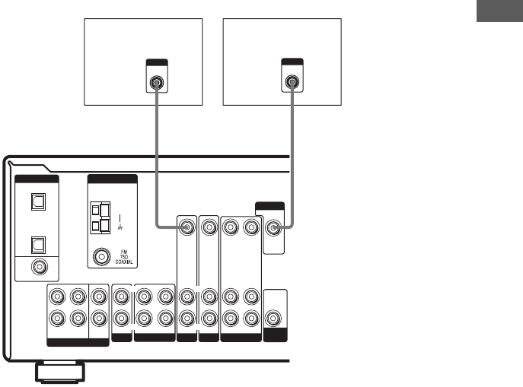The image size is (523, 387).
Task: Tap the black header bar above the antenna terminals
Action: click(112, 179)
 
